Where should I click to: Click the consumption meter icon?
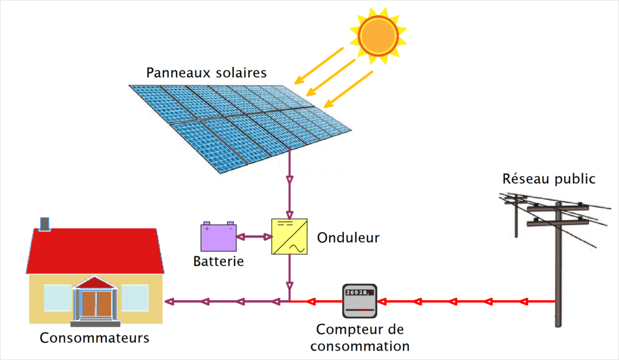[x=359, y=301]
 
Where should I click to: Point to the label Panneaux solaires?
[x=206, y=73]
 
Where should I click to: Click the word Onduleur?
[x=348, y=237]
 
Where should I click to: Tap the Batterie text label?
[x=218, y=262]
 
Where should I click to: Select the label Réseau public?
[x=549, y=179]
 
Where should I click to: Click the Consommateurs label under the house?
[x=94, y=338]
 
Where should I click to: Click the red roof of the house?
[x=95, y=251]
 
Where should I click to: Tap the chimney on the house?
[x=44, y=224]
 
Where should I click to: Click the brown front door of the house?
[x=95, y=304]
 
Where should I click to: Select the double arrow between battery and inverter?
[x=254, y=237]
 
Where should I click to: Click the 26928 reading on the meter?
[x=357, y=293]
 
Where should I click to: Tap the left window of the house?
[x=57, y=298]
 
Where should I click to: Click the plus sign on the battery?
[x=207, y=229]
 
